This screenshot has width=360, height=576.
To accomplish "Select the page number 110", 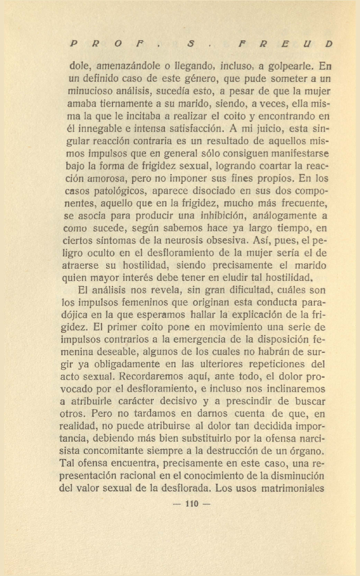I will click(191, 504).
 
